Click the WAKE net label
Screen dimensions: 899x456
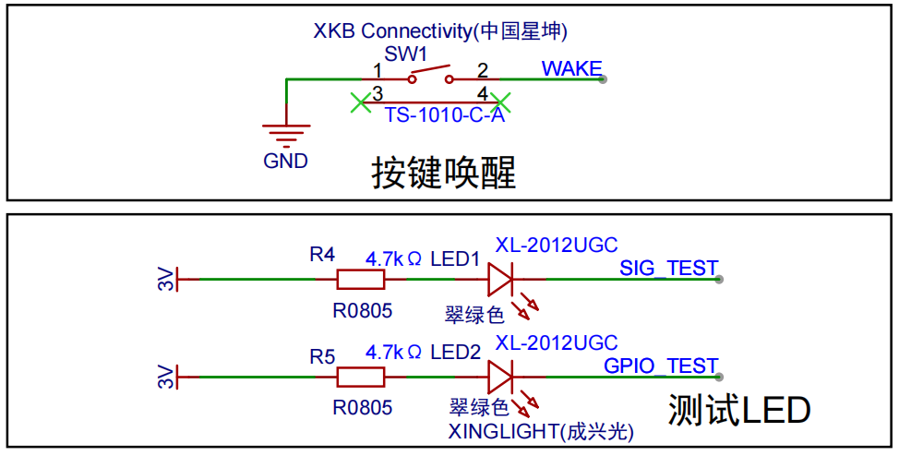(x=571, y=69)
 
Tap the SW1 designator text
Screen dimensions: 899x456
(x=406, y=54)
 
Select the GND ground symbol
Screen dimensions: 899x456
(x=286, y=135)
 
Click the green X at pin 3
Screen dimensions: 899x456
(x=360, y=103)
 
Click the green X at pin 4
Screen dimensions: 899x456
(x=501, y=103)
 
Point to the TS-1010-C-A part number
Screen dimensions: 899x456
(x=444, y=116)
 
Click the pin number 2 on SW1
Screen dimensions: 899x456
(x=482, y=70)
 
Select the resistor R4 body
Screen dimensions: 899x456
(x=361, y=280)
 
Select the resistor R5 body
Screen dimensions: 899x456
(x=361, y=378)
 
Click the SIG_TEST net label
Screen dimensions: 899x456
(x=669, y=269)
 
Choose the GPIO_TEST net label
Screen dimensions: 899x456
(x=661, y=366)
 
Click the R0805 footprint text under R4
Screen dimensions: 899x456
(x=363, y=311)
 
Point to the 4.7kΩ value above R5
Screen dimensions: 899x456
(x=394, y=351)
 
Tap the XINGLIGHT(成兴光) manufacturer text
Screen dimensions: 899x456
(x=541, y=431)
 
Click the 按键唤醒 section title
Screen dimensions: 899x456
(x=444, y=173)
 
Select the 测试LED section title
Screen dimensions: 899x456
(x=739, y=411)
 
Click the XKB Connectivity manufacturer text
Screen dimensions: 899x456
(x=440, y=31)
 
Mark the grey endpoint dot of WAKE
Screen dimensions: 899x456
(x=603, y=79)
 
